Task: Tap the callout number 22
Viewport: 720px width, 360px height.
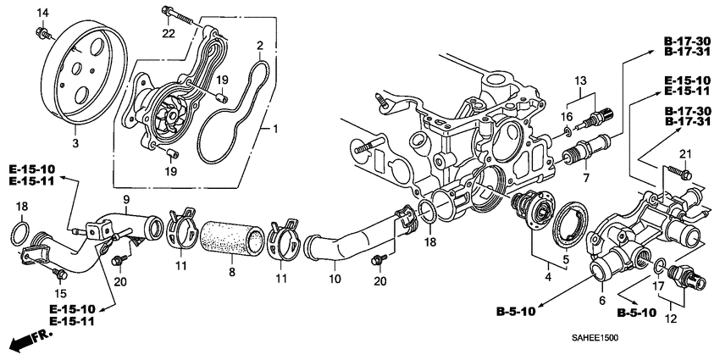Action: pos(169,34)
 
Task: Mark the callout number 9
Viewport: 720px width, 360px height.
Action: pos(126,200)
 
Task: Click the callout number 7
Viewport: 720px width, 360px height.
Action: pos(584,179)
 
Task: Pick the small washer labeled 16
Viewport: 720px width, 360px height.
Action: pos(566,130)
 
